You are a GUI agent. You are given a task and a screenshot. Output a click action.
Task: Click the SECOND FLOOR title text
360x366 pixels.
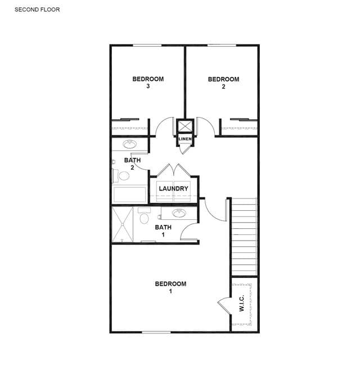tap(37, 10)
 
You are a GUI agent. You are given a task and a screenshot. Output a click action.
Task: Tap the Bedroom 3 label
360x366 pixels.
tap(148, 83)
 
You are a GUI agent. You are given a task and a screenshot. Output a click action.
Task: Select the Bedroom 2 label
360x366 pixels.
tap(223, 83)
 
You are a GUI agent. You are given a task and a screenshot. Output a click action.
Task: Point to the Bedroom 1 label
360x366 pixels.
tap(170, 287)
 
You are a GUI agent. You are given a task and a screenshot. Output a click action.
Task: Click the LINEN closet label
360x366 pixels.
tap(185, 139)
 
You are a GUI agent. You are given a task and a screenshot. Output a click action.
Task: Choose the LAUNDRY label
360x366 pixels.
tap(173, 188)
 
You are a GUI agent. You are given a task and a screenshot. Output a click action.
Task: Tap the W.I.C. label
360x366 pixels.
tap(242, 303)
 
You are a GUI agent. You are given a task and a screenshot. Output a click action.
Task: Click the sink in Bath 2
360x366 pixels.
tap(129, 144)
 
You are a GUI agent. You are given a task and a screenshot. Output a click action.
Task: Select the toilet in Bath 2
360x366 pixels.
tap(121, 175)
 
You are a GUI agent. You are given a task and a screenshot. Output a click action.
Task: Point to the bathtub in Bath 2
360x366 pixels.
tap(130, 195)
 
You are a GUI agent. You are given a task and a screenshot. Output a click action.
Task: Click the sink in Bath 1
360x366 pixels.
tap(179, 213)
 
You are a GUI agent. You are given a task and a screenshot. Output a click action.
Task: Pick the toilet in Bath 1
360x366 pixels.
tap(144, 216)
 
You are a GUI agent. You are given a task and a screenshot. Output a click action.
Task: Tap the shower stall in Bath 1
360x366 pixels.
tap(123, 224)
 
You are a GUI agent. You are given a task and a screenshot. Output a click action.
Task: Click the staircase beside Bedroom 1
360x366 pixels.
tap(244, 237)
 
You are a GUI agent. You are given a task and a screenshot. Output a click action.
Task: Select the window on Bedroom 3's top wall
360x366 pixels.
tap(147, 46)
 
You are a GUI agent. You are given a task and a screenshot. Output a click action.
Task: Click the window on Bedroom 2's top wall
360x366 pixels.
tap(222, 46)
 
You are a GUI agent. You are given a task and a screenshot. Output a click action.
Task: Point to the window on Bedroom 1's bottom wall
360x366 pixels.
tap(156, 332)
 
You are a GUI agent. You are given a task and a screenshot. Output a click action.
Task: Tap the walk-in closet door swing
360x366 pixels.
tap(224, 304)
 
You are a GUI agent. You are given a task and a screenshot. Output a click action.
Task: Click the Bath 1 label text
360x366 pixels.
tap(163, 231)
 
